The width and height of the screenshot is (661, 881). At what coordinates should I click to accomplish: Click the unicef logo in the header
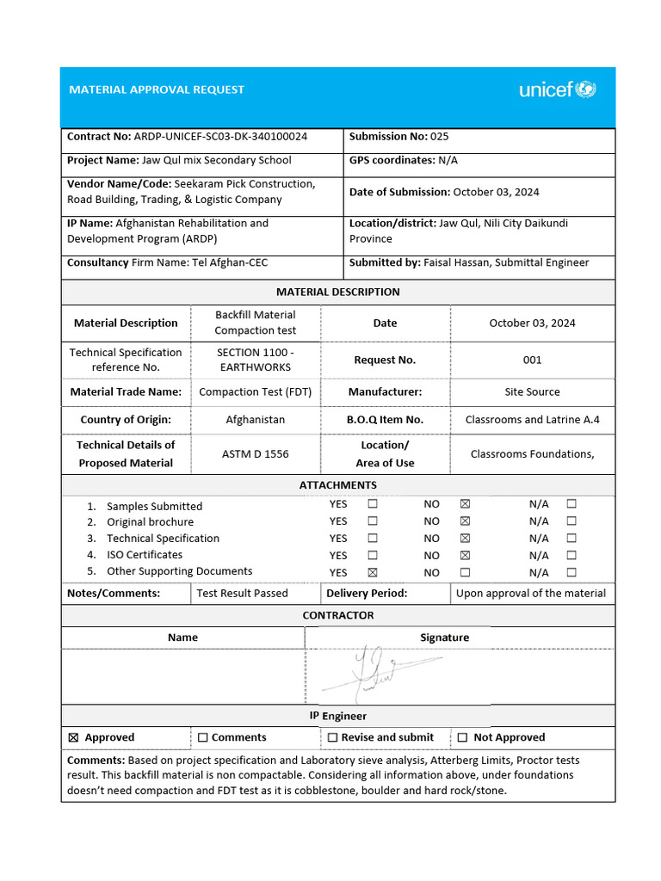coord(557,89)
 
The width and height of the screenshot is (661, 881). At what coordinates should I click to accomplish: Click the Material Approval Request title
coord(157,89)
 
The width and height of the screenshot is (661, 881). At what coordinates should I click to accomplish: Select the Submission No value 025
coord(439,136)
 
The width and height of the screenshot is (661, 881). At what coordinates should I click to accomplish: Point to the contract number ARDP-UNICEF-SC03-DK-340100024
coord(220,136)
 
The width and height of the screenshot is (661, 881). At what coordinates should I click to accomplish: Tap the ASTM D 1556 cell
coord(255,453)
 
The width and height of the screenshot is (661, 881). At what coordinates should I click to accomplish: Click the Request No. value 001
coord(532,360)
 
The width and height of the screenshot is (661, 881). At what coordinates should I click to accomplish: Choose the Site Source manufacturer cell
coord(532,391)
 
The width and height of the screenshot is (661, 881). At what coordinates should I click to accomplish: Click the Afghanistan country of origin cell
coord(255,420)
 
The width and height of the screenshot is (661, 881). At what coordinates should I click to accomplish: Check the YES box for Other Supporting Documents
coord(373,572)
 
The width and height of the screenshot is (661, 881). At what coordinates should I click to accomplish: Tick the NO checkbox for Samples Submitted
coord(465,504)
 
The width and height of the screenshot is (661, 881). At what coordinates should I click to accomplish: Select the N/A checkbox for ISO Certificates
coord(571,556)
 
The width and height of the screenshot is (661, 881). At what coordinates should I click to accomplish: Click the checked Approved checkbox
coord(72,737)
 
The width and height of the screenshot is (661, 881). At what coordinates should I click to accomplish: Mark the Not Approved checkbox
coord(463,737)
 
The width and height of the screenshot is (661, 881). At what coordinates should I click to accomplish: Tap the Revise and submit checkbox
coord(332,737)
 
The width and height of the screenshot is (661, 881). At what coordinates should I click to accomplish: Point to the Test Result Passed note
coord(242,593)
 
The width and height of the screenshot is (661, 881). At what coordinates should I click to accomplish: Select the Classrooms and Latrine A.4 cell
coord(532,420)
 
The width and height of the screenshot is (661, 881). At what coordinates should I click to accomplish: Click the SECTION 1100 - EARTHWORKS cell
coord(255,360)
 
